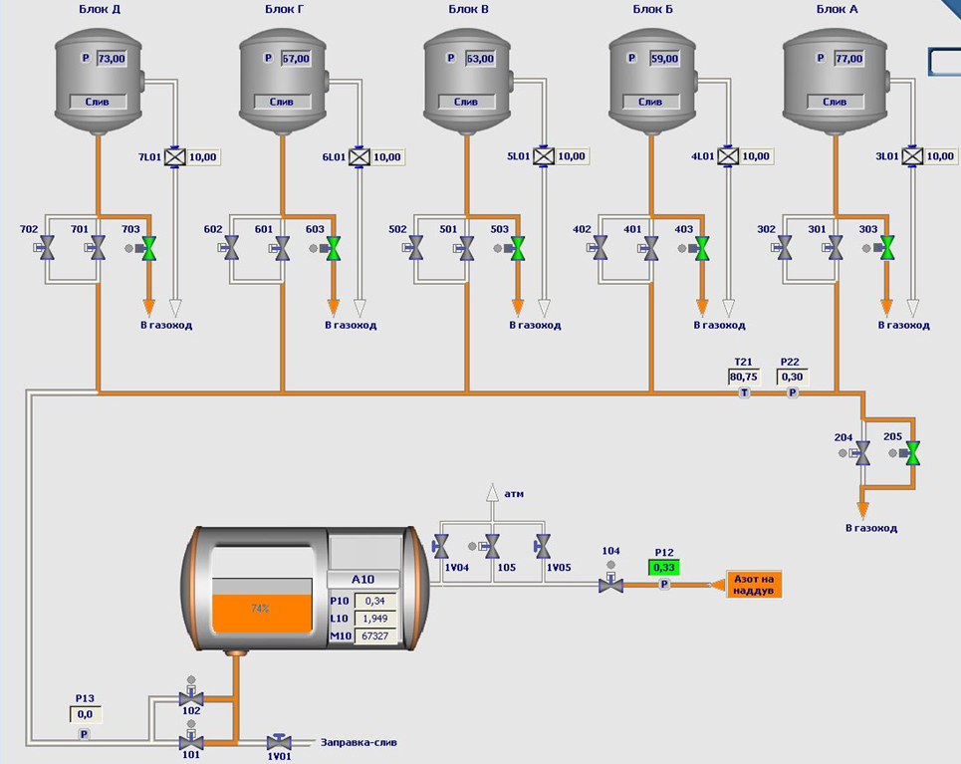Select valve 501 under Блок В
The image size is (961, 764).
[466, 247]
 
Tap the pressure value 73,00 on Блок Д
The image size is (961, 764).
[112, 59]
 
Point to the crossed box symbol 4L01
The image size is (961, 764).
[728, 156]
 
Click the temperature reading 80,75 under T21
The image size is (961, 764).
[743, 378]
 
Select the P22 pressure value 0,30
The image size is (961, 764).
[793, 378]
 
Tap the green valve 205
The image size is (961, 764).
[913, 454]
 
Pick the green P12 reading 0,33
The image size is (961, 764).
[663, 568]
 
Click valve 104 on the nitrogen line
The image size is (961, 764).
[610, 585]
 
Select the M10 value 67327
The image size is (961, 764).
[374, 636]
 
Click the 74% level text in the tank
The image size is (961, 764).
[260, 608]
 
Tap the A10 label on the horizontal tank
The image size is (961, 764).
[363, 579]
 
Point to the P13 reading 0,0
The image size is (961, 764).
[85, 713]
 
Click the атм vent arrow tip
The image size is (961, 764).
[491, 488]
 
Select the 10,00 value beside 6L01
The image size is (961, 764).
[387, 156]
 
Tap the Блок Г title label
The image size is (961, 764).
[283, 9]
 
